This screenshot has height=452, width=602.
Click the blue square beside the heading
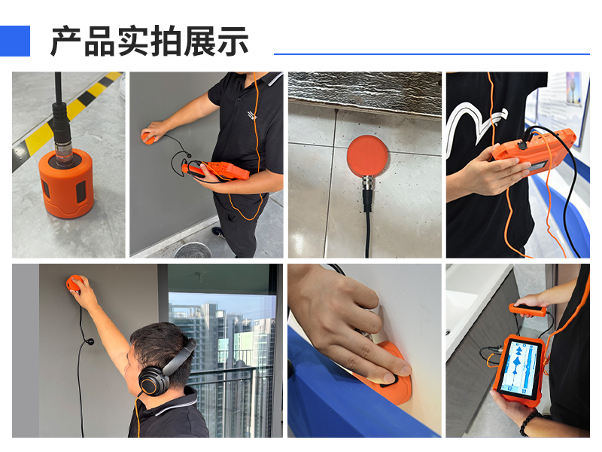coord(14,41)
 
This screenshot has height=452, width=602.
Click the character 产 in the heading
coord(66,41)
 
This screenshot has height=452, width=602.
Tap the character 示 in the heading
coord(233,41)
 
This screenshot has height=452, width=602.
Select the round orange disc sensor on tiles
coord(367,156)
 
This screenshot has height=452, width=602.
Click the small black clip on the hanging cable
coord(90,341)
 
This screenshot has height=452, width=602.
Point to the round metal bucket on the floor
coord(193,250)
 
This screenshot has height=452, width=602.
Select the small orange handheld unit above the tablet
coord(528,310)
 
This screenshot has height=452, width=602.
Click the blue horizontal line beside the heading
coord(431,54)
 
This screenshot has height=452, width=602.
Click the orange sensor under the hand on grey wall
coord(147,138)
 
